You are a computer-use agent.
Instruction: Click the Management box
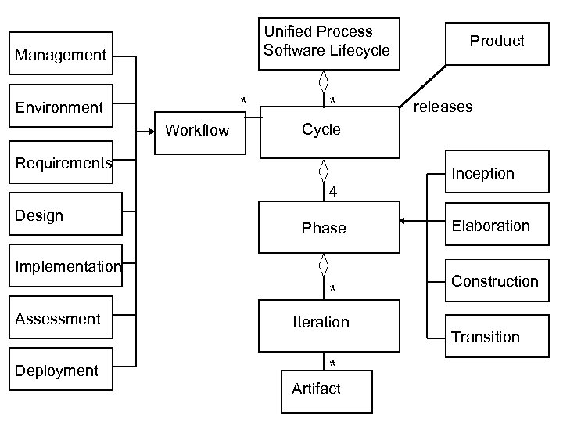61,55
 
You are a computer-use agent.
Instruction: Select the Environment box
61,107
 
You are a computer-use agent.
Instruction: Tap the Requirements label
63,163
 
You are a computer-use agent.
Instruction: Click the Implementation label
68,266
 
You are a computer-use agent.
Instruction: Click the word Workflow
197,130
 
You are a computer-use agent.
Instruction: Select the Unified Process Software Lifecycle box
328,43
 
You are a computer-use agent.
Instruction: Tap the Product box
497,42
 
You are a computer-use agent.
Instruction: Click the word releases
443,107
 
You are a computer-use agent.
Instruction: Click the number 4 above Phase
333,191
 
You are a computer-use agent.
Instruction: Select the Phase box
328,228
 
